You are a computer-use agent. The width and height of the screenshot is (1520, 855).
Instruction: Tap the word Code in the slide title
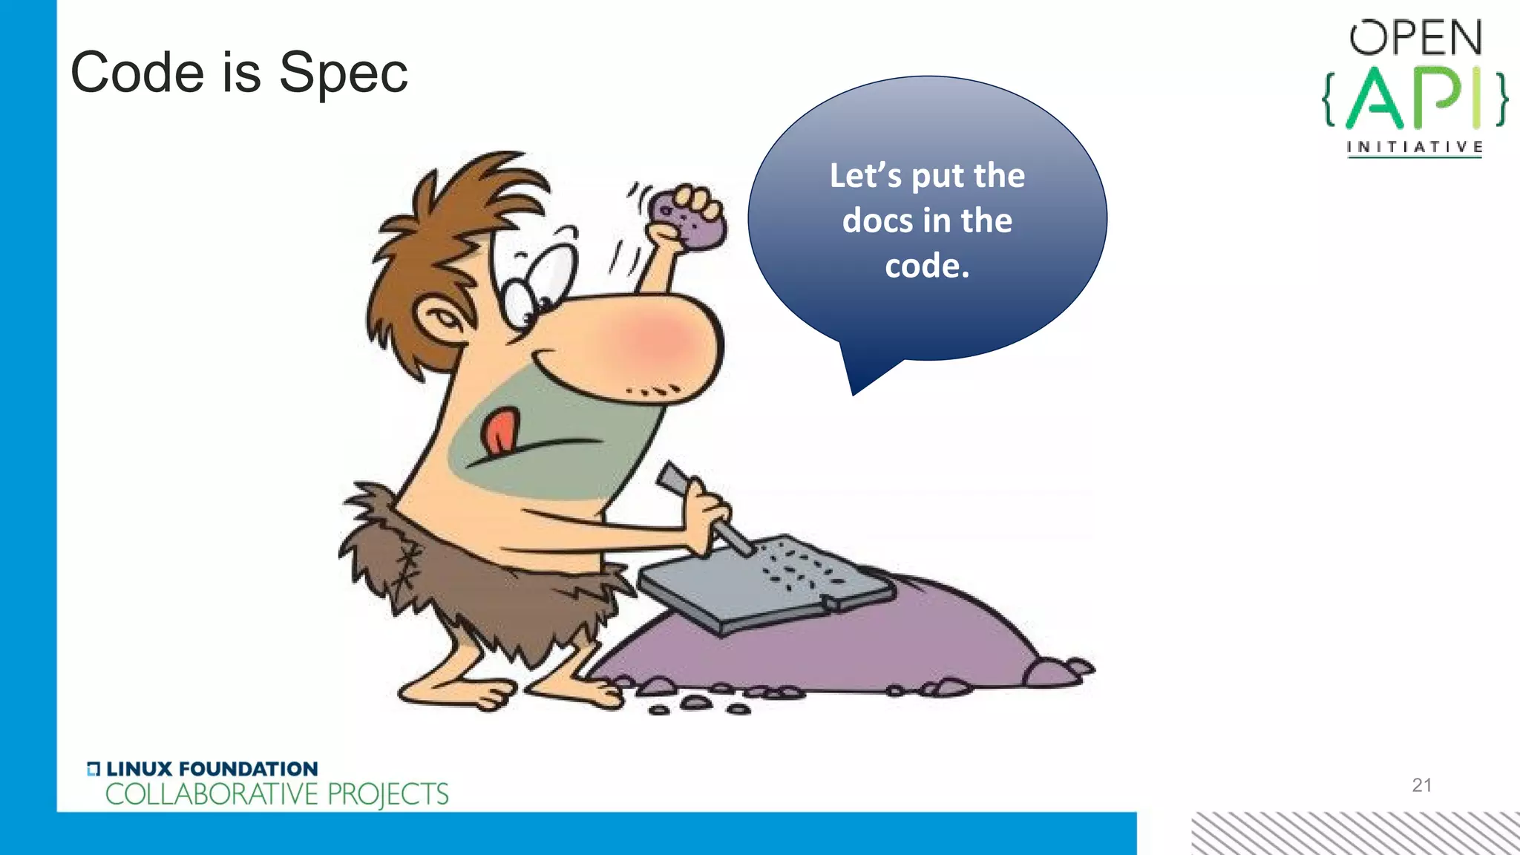(x=137, y=73)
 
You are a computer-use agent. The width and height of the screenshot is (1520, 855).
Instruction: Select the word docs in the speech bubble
(x=877, y=220)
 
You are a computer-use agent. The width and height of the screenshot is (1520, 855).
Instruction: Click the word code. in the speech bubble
(x=927, y=266)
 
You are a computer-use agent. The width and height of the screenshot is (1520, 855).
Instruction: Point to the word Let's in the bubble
(x=865, y=176)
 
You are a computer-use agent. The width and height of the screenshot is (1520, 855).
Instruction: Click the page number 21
(x=1421, y=785)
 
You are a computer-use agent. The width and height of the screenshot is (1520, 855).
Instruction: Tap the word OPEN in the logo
(x=1415, y=38)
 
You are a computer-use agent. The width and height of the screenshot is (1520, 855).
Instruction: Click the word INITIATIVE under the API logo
(x=1415, y=147)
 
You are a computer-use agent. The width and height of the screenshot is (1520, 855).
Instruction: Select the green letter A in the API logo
(x=1375, y=99)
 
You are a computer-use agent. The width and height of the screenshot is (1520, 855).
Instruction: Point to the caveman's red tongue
(x=499, y=432)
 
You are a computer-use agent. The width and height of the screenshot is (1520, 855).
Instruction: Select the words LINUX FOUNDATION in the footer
(x=212, y=769)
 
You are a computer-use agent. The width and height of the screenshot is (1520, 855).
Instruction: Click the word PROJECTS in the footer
(x=387, y=794)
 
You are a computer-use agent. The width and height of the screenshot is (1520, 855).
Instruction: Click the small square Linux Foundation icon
(x=93, y=769)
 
